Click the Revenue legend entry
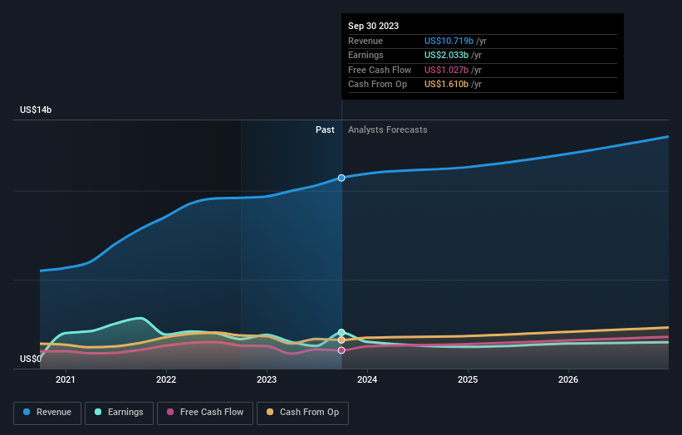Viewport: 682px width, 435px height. pyautogui.click(x=47, y=413)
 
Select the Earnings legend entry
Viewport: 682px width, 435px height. pyautogui.click(x=119, y=413)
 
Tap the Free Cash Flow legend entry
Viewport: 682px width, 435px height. pyautogui.click(x=206, y=413)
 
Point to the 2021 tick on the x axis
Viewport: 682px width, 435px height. pyautogui.click(x=66, y=380)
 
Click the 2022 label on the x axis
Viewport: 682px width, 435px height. pyautogui.click(x=166, y=380)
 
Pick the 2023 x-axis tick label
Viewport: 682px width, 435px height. pyautogui.click(x=267, y=380)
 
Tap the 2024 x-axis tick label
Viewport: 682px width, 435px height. pyautogui.click(x=367, y=380)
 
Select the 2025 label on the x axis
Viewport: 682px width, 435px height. pyautogui.click(x=468, y=380)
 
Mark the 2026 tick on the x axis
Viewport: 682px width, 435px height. pyautogui.click(x=568, y=380)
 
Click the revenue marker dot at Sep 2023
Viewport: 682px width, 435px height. pyautogui.click(x=341, y=178)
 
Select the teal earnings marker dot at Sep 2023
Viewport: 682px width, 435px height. pyautogui.click(x=341, y=332)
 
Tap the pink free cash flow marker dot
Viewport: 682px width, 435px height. pyautogui.click(x=341, y=350)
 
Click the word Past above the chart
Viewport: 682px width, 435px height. pyautogui.click(x=325, y=130)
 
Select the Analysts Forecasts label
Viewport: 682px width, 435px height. pyautogui.click(x=388, y=130)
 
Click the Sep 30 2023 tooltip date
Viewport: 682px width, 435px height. pyautogui.click(x=374, y=26)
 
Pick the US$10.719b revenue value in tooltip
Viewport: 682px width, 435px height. pyautogui.click(x=449, y=41)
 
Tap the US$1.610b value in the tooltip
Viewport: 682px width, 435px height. pyautogui.click(x=449, y=85)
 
